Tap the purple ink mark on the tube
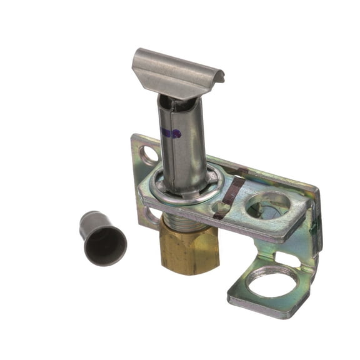tap(170, 133)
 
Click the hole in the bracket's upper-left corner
tap(149, 154)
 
